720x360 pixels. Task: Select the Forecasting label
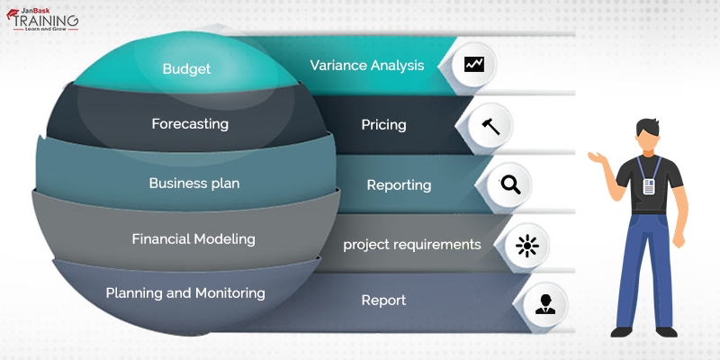click(190, 123)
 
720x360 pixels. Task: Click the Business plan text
click(194, 183)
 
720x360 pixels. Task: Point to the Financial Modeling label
click(193, 238)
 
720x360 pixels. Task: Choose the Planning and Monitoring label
click(185, 292)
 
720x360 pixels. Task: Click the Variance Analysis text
click(366, 65)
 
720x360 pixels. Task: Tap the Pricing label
click(383, 124)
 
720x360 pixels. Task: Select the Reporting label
click(399, 184)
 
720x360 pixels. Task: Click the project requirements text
click(412, 244)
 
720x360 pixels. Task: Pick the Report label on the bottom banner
click(383, 301)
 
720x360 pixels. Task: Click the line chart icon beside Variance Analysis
click(473, 65)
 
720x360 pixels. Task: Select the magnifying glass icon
click(510, 184)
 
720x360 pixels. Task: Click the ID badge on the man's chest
click(648, 185)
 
